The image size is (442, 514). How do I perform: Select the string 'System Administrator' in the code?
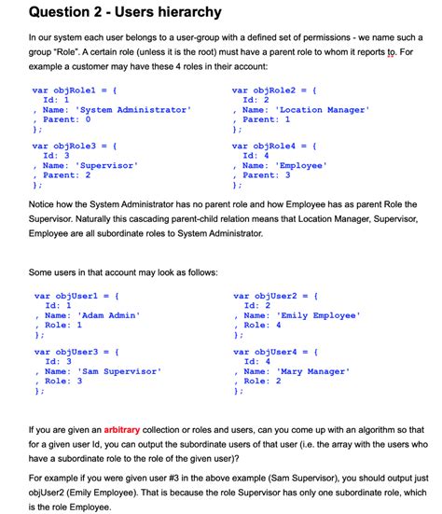(x=134, y=110)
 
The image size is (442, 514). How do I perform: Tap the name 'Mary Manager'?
(x=312, y=371)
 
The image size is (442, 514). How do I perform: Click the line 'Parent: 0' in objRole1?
(x=66, y=119)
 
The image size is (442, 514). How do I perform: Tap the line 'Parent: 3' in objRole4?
(x=266, y=174)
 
